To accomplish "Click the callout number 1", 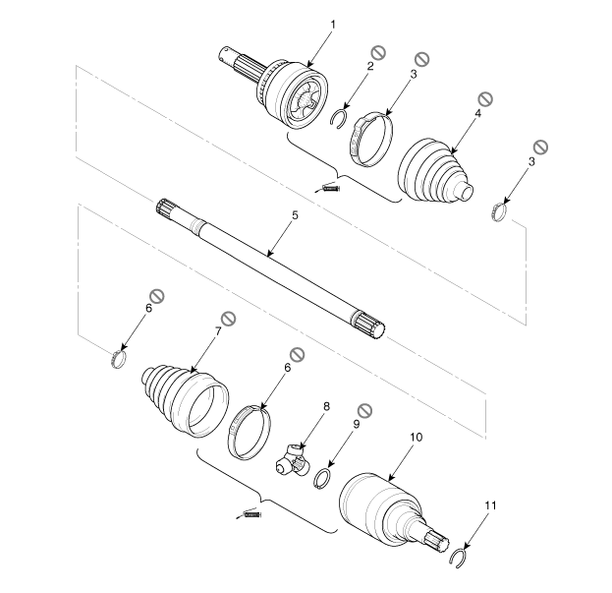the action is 333,25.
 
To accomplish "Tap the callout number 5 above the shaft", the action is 295,215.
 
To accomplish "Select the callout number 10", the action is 417,438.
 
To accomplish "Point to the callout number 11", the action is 490,505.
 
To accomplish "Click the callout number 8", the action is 326,407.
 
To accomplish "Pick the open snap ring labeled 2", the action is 338,118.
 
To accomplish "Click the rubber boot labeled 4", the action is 435,170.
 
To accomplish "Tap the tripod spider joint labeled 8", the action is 293,462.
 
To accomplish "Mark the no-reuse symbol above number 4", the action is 485,98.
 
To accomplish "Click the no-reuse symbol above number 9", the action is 364,410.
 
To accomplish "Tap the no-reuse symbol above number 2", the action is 378,52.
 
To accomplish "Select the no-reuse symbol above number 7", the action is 228,319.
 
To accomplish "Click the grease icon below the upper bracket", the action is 328,188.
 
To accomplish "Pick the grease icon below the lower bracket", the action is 249,515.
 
